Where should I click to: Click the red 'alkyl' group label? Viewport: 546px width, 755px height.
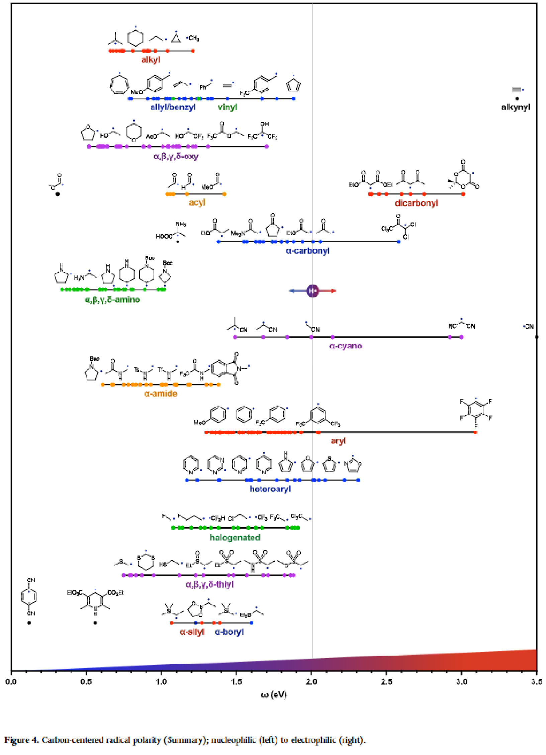(x=151, y=60)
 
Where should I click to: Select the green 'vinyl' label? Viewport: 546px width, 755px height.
(x=227, y=107)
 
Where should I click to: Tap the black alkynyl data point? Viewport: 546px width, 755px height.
(x=517, y=98)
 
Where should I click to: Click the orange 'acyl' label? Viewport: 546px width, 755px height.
(x=197, y=202)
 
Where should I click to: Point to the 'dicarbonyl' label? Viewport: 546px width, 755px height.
(x=416, y=203)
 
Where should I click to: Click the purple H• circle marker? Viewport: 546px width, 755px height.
(x=312, y=291)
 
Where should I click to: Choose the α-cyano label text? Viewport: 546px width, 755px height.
(x=346, y=346)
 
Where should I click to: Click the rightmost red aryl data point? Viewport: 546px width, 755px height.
(x=475, y=432)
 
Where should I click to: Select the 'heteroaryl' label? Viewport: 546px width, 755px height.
(x=270, y=489)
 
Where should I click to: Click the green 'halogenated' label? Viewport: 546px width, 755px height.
(x=235, y=537)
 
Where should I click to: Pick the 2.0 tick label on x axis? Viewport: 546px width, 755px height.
(x=311, y=682)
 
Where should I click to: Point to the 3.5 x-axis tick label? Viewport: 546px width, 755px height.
(x=536, y=682)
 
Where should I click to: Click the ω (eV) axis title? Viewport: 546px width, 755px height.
(x=274, y=695)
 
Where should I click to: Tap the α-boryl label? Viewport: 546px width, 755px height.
(x=229, y=632)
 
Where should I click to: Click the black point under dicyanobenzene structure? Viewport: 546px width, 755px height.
(x=29, y=623)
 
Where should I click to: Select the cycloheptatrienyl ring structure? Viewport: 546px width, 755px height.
(x=119, y=85)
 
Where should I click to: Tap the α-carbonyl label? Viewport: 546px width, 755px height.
(x=308, y=251)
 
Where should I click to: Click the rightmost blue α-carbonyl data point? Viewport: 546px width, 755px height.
(x=398, y=242)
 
